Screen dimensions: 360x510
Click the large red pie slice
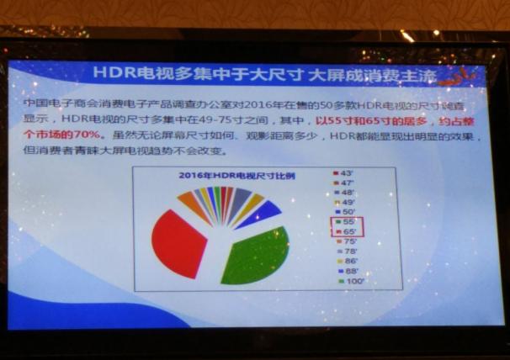(178, 243)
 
